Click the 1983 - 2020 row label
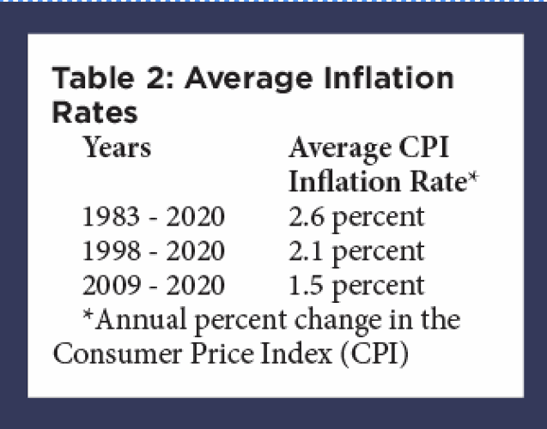point(153,216)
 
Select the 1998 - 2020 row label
point(153,251)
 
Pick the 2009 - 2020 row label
point(153,285)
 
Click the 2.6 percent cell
point(356,216)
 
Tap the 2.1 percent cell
point(356,251)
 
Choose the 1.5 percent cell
point(356,285)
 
